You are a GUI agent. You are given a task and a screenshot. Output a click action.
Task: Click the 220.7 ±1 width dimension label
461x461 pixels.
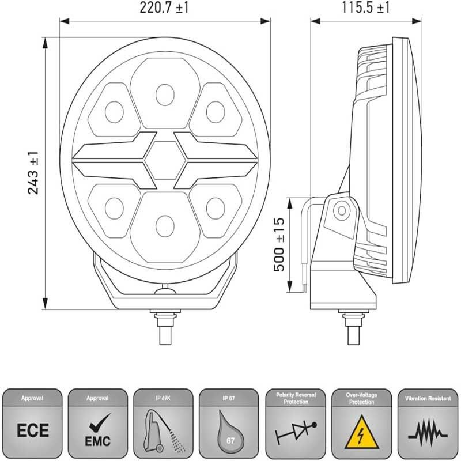point(165,8)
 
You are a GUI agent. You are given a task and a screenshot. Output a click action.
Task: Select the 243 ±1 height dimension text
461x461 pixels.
point(33,172)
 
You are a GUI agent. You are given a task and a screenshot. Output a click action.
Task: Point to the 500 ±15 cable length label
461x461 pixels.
point(278,245)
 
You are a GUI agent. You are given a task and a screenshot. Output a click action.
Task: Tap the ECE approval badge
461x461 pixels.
point(33,429)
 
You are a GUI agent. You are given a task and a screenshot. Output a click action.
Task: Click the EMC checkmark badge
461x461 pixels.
point(99,429)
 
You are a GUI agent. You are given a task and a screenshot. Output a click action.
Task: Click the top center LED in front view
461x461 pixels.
point(165,92)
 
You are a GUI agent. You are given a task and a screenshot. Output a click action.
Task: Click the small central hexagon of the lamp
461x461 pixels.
point(165,157)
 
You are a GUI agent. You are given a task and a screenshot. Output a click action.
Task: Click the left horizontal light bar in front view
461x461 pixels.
point(109,157)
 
